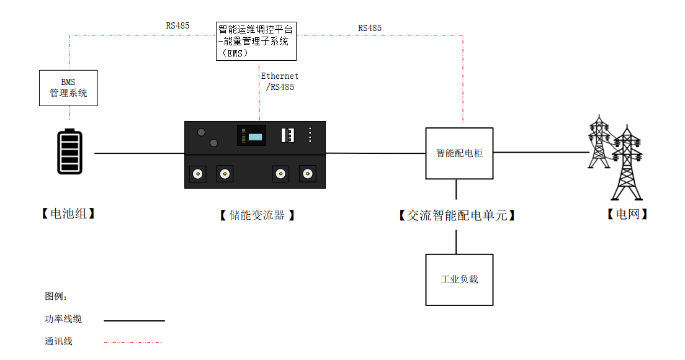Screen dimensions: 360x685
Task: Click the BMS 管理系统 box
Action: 68,88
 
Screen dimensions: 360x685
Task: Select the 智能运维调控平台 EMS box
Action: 256,41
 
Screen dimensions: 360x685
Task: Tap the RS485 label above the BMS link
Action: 177,26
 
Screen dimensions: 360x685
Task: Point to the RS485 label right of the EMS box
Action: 370,29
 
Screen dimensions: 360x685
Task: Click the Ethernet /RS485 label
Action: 279,81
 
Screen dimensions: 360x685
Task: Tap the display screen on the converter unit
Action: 251,135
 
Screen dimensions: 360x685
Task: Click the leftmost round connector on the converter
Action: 198,174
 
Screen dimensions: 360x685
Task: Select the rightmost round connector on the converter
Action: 307,174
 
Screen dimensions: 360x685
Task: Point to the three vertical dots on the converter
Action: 310,135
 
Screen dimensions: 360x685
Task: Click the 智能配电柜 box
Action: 459,153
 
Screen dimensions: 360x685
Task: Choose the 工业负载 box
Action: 459,279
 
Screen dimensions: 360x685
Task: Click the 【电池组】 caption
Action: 68,214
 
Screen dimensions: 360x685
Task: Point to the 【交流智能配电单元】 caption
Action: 457,215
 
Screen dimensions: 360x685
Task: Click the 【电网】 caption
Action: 627,215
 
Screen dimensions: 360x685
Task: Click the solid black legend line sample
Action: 134,321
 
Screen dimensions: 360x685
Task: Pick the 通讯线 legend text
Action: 58,341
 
